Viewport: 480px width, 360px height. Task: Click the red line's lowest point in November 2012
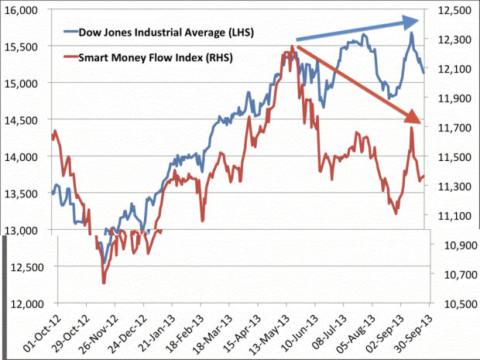point(103,283)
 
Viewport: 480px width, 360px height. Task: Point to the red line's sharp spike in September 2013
point(412,129)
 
